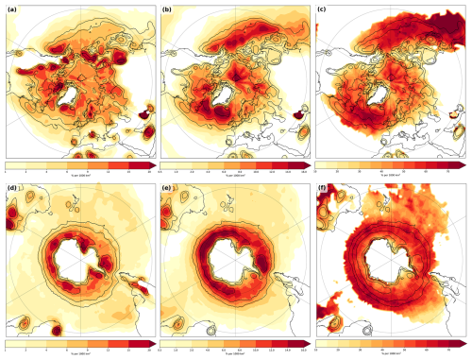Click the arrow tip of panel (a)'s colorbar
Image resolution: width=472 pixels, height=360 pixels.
tap(152, 164)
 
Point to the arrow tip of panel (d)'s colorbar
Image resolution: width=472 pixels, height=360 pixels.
tap(152, 345)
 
